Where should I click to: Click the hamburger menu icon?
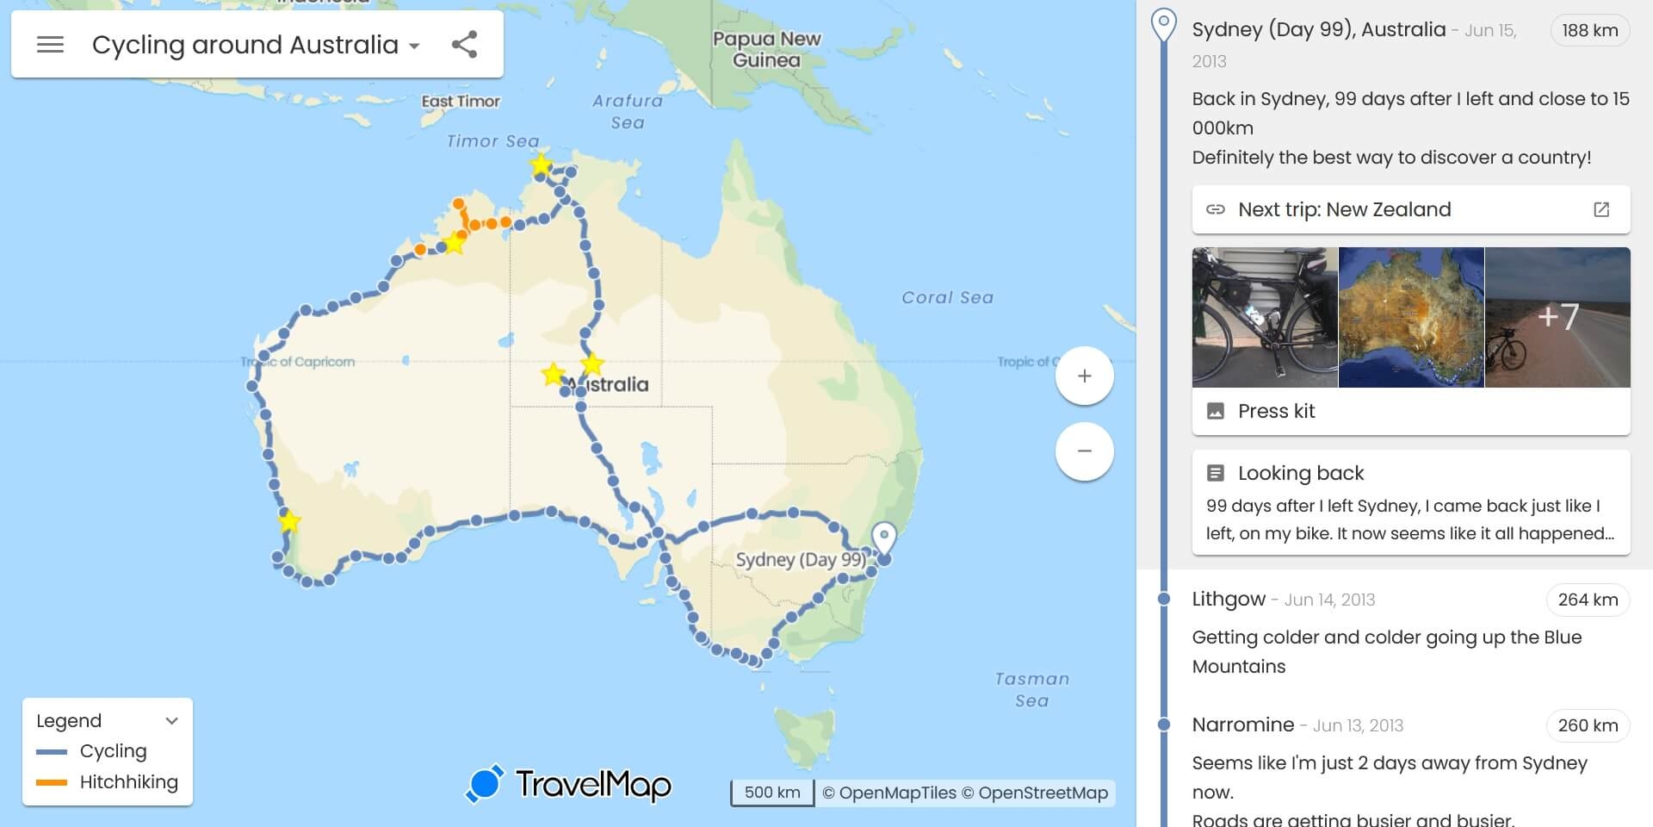click(51, 45)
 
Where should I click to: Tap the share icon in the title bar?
click(465, 45)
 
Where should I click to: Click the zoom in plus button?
click(1084, 376)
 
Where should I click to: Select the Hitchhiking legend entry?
click(128, 782)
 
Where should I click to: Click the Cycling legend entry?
click(113, 751)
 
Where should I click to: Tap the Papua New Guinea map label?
click(766, 49)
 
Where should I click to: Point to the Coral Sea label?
click(947, 297)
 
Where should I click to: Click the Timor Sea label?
click(492, 141)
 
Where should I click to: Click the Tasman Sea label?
click(1031, 689)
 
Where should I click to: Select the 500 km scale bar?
click(772, 793)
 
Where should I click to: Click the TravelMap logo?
click(569, 785)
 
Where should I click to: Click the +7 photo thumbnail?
click(1557, 317)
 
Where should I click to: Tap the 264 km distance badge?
click(1588, 600)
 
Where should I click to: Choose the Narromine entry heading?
click(1242, 724)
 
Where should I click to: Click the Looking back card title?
click(1300, 473)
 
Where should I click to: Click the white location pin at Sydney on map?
click(883, 538)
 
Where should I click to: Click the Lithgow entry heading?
click(1229, 600)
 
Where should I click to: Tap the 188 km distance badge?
click(1589, 30)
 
